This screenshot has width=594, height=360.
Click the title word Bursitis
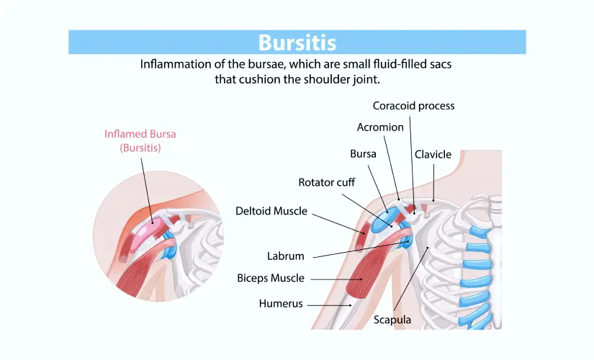pos(297,42)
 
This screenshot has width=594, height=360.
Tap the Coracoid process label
pos(413,106)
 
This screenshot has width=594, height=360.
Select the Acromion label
pos(380,127)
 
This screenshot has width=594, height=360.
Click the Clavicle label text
pos(433,154)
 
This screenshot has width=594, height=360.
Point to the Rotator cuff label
pos(326,183)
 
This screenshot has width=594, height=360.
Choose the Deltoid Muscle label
pos(271,211)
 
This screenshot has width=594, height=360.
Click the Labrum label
pos(286,256)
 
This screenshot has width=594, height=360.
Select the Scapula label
pos(392,320)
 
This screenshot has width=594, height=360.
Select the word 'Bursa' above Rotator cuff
pos(363,154)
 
